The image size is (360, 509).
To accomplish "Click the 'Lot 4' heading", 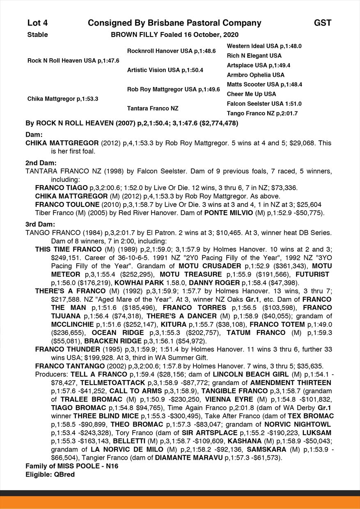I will coord(37,23).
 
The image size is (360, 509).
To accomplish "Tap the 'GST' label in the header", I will coord(323,23).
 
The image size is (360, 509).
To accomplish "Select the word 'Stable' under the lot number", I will coord(37,35).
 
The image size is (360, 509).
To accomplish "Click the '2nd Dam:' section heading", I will coord(41,163).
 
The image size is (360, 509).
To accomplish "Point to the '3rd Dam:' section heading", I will coord(41,225).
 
